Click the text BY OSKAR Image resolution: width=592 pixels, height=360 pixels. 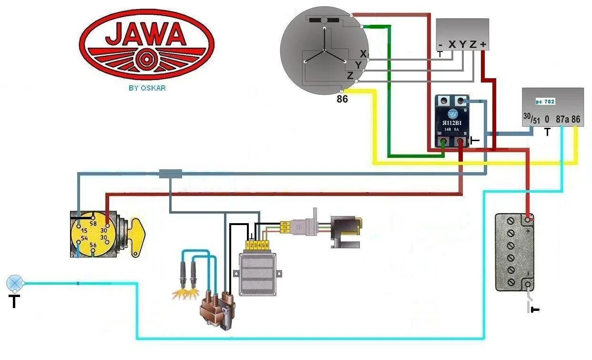147,88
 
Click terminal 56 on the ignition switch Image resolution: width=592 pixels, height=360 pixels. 93,245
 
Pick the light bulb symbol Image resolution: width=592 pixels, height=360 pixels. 15,283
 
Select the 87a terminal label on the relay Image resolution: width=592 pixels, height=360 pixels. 562,119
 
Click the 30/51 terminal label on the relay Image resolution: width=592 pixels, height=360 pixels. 531,118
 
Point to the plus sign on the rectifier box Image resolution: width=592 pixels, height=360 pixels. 483,44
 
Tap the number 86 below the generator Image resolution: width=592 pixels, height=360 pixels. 342,100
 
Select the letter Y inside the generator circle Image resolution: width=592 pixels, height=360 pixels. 358,64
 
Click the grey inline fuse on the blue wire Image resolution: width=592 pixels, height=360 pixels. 170,174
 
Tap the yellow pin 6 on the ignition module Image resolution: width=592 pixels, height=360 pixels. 267,245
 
